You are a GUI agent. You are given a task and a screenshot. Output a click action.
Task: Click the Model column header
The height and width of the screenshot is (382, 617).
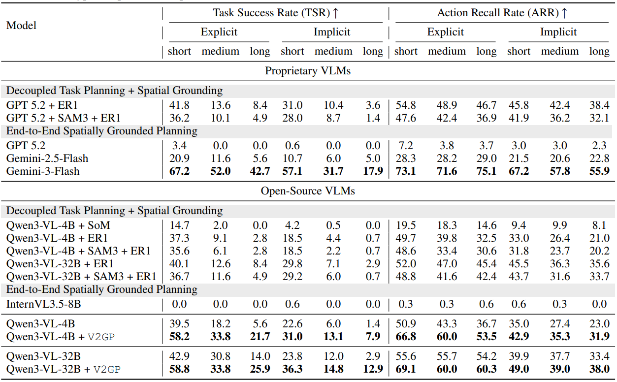point(21,25)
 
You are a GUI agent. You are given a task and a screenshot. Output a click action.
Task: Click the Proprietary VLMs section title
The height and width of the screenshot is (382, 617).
point(308,71)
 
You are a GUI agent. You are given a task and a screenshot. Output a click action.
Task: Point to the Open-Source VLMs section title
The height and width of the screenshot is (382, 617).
point(308,191)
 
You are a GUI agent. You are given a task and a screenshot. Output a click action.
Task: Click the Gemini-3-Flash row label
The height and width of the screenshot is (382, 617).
point(43,171)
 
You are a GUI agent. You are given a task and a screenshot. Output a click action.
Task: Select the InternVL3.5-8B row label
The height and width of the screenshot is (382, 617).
point(43,304)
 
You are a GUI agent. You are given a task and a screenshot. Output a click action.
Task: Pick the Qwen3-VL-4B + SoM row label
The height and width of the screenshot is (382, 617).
point(58,225)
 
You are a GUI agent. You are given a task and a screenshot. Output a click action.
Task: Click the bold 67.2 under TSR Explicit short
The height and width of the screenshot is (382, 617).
point(179,171)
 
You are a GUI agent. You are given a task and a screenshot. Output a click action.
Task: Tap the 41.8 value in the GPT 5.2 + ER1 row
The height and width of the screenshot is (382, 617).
point(179,105)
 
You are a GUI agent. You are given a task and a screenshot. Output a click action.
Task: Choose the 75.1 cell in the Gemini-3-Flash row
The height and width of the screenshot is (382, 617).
point(486,171)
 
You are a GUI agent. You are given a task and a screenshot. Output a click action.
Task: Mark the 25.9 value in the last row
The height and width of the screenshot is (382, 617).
point(260,369)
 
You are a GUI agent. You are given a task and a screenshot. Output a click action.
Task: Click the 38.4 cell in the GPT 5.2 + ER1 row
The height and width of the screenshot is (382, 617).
point(599,105)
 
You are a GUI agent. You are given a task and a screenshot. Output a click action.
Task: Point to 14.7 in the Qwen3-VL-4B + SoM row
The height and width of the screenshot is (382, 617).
point(179,225)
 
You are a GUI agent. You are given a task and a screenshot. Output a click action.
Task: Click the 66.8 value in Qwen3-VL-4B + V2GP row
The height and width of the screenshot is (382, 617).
point(405,337)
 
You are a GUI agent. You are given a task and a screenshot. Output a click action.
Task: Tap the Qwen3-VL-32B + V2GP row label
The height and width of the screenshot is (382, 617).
point(64,369)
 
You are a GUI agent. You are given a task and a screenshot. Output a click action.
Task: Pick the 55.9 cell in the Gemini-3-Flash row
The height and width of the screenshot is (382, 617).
point(599,171)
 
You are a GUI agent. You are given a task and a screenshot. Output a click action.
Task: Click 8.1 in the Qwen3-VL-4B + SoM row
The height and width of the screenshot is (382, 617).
point(599,225)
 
